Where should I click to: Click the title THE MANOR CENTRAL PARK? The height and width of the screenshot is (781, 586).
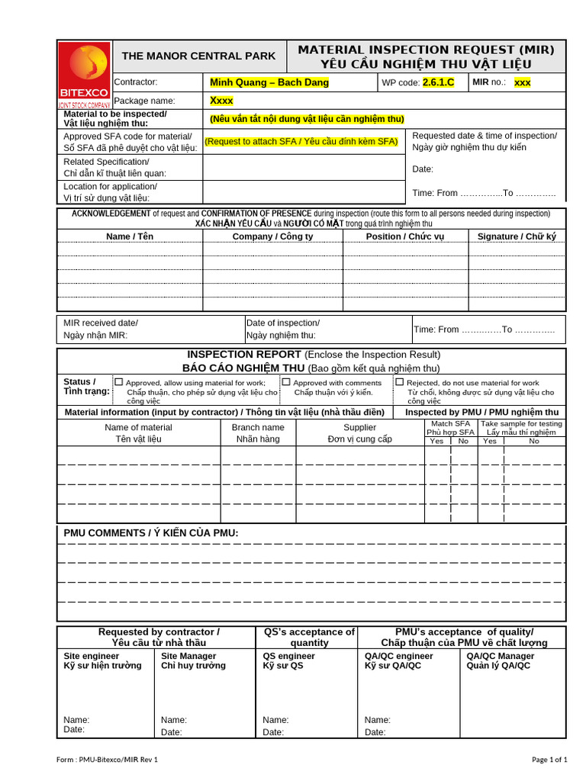[199, 56]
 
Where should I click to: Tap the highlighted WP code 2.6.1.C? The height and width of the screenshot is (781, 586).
[438, 82]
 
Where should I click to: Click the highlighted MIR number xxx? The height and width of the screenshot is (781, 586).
[522, 82]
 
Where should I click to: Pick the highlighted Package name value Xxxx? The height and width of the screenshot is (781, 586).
[222, 101]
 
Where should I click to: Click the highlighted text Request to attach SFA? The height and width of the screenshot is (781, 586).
[301, 141]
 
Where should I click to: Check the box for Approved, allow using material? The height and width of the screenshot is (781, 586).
[118, 382]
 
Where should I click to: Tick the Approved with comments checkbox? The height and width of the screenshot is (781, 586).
[286, 382]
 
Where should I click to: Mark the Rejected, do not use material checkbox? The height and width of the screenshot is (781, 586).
[399, 382]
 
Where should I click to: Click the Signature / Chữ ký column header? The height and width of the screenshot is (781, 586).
[517, 236]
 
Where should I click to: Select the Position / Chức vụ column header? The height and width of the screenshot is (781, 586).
[405, 236]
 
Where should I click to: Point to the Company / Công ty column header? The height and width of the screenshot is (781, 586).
[272, 236]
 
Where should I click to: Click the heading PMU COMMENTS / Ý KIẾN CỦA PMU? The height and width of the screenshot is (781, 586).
[151, 532]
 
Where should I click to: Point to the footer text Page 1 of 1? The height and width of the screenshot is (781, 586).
[549, 760]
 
